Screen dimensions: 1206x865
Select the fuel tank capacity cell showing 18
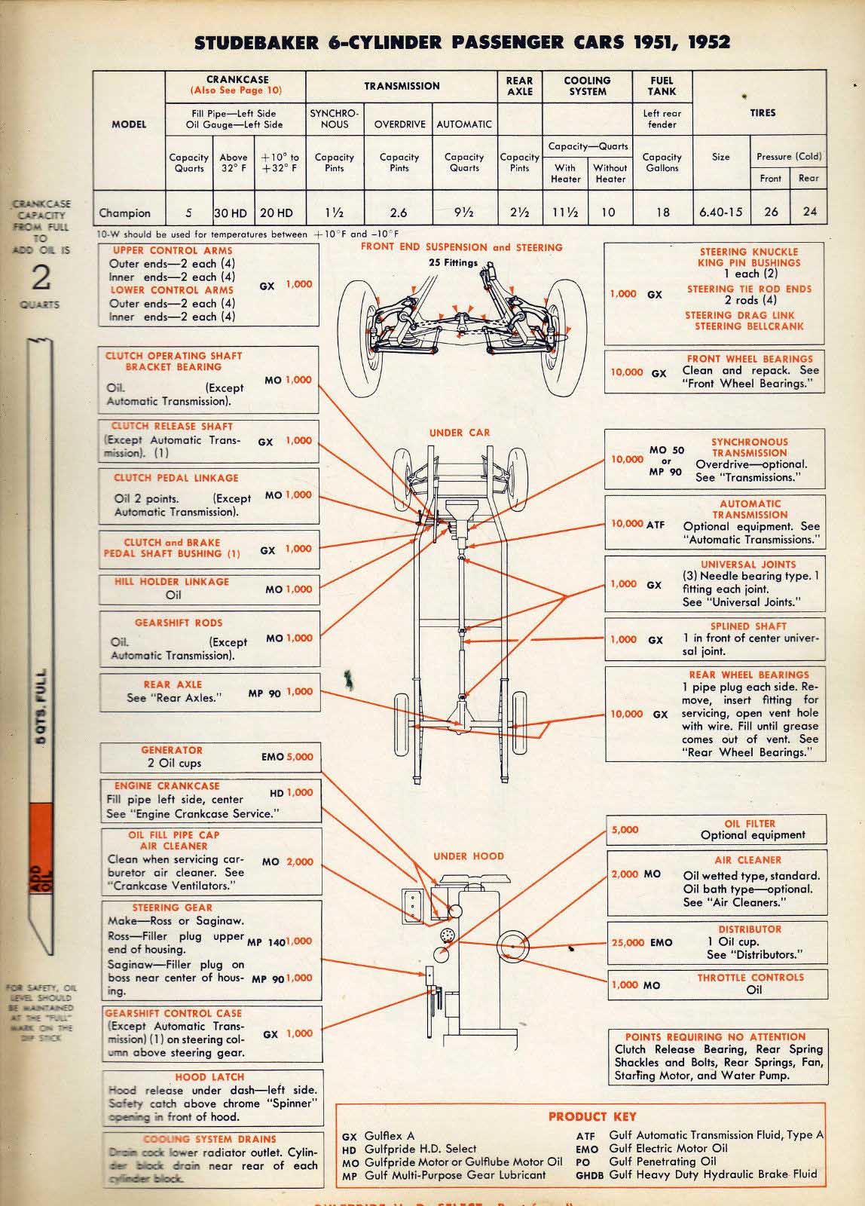point(662,212)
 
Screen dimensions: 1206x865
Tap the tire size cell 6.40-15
point(721,212)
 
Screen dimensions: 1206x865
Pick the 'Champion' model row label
point(125,213)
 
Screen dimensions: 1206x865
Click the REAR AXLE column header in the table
point(519,86)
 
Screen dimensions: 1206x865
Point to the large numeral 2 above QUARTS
point(41,277)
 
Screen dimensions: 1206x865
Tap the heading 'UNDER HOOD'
point(469,856)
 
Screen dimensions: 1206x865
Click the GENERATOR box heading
point(172,750)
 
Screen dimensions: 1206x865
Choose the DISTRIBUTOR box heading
point(750,929)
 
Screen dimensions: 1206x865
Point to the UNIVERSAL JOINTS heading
point(738,564)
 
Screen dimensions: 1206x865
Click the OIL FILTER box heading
point(750,824)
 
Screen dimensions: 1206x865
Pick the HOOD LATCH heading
point(209,1077)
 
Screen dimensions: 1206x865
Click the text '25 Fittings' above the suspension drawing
point(453,262)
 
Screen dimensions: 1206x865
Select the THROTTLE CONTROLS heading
point(750,977)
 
